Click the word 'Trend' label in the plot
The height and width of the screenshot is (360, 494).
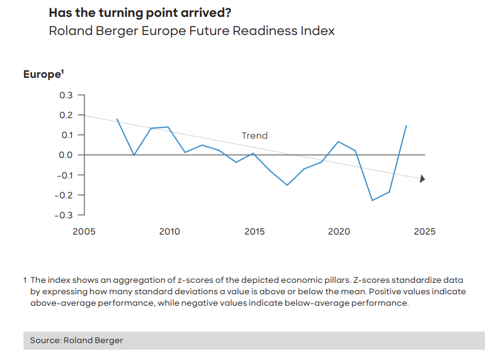[255, 136]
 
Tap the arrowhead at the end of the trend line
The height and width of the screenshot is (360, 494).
[422, 178]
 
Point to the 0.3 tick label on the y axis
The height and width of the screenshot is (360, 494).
[66, 95]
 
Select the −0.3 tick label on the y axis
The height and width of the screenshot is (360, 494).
[63, 215]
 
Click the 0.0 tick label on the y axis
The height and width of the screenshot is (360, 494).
[66, 155]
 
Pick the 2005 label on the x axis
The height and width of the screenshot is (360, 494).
[84, 232]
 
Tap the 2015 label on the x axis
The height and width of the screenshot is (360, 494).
[255, 232]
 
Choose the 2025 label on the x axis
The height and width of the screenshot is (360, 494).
[424, 232]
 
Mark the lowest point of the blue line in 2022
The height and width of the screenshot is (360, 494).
[373, 200]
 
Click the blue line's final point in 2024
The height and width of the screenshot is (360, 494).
[407, 125]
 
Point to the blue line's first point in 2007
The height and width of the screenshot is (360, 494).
[117, 119]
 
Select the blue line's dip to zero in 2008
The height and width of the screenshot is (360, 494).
[134, 155]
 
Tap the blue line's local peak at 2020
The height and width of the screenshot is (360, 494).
[338, 142]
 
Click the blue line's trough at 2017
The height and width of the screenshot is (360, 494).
[287, 185]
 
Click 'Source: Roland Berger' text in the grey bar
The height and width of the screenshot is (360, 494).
[77, 340]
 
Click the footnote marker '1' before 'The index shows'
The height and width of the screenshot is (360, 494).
[25, 280]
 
